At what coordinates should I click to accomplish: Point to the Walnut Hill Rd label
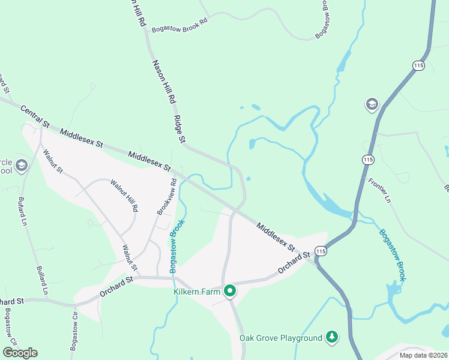tap(125, 196)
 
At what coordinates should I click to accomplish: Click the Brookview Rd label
tap(166, 197)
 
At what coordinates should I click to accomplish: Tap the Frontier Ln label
tap(379, 190)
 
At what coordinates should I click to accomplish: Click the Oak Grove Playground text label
tap(281, 338)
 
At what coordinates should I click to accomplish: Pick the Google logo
tap(20, 353)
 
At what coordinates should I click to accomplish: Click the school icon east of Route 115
tap(372, 105)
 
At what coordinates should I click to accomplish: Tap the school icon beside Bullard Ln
tap(22, 166)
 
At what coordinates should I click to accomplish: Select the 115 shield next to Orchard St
tap(321, 251)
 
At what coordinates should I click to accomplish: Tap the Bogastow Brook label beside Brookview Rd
tap(176, 246)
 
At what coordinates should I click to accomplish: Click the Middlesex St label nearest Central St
tap(82, 137)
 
